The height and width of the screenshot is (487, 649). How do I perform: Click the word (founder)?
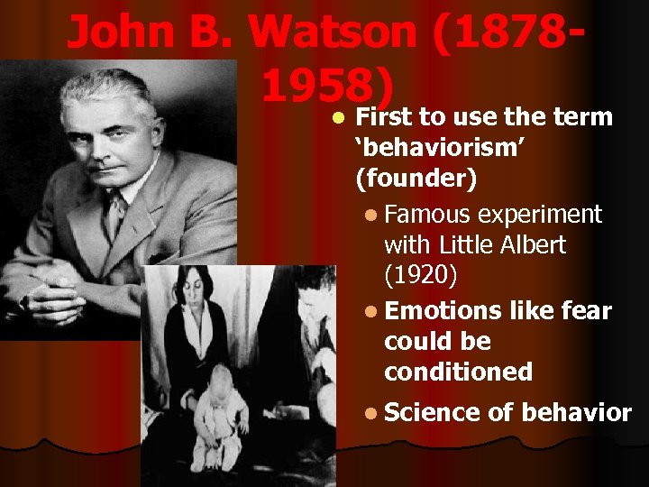pyautogui.click(x=416, y=179)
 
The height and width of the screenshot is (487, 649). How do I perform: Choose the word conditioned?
pyautogui.click(x=458, y=371)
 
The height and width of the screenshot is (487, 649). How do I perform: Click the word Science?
pyautogui.click(x=432, y=413)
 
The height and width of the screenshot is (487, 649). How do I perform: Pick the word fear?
pyautogui.click(x=586, y=311)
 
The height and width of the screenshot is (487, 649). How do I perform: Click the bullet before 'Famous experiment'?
pyautogui.click(x=373, y=216)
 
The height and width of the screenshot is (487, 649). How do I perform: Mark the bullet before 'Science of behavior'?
pyautogui.click(x=373, y=414)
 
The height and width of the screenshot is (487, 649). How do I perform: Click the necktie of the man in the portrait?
pyautogui.click(x=114, y=216)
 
